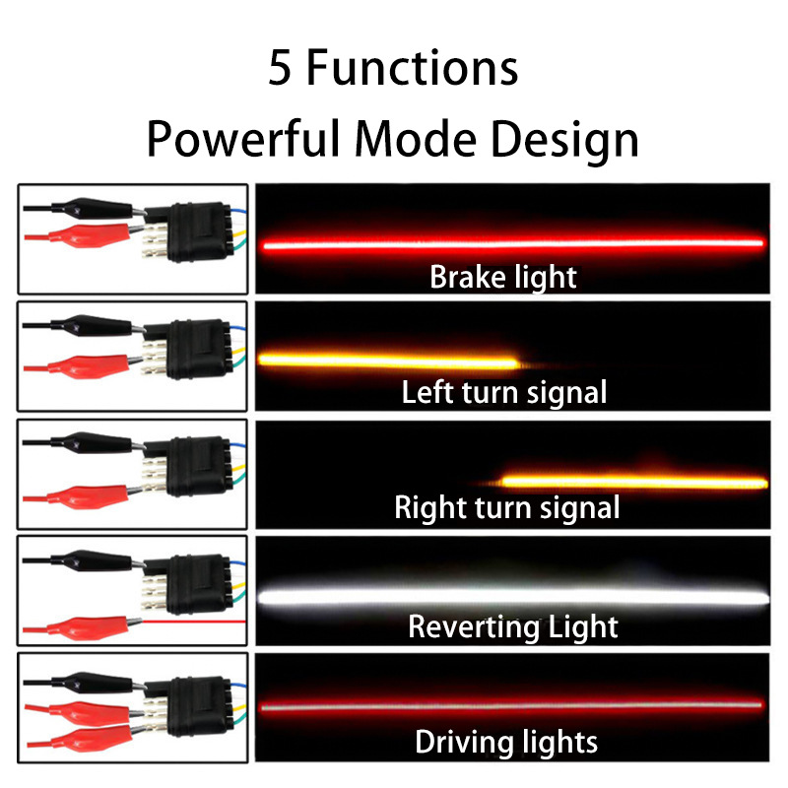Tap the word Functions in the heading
pos(414,70)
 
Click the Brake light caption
pos(502,277)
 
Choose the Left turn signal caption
pos(503,392)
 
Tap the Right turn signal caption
pos(506,508)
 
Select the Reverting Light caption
pos(512,625)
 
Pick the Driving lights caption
pos(505,741)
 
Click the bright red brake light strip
pos(512,243)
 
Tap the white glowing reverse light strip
pos(512,596)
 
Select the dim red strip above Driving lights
pos(512,706)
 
